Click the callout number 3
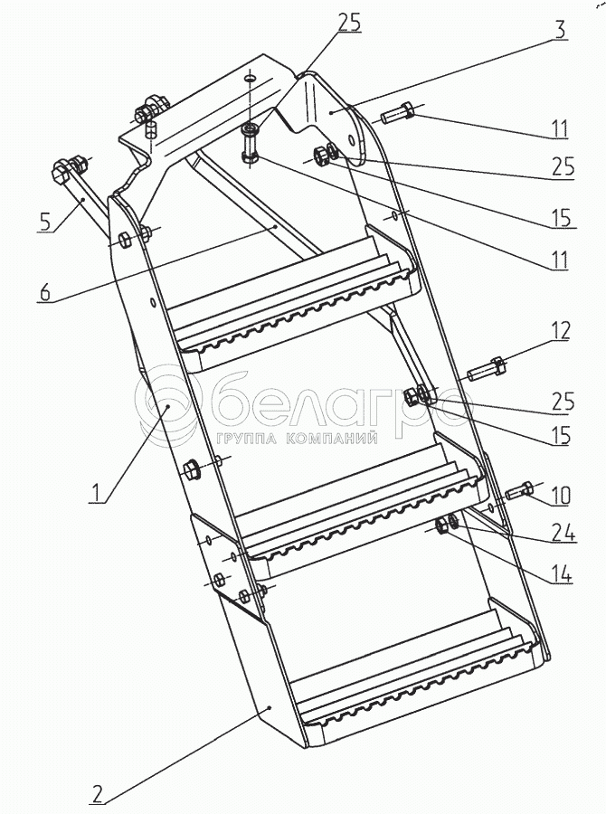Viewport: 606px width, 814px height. [x=559, y=30]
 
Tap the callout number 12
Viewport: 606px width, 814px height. [x=560, y=331]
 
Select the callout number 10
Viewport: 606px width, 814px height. [x=560, y=496]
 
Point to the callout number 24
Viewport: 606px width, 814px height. [x=563, y=532]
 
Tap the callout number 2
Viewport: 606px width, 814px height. [x=97, y=794]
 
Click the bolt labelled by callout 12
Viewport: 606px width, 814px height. [x=488, y=370]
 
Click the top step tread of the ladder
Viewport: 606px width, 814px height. [x=293, y=301]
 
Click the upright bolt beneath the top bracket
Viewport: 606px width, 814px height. [x=250, y=144]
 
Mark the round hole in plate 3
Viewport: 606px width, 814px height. [x=352, y=141]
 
